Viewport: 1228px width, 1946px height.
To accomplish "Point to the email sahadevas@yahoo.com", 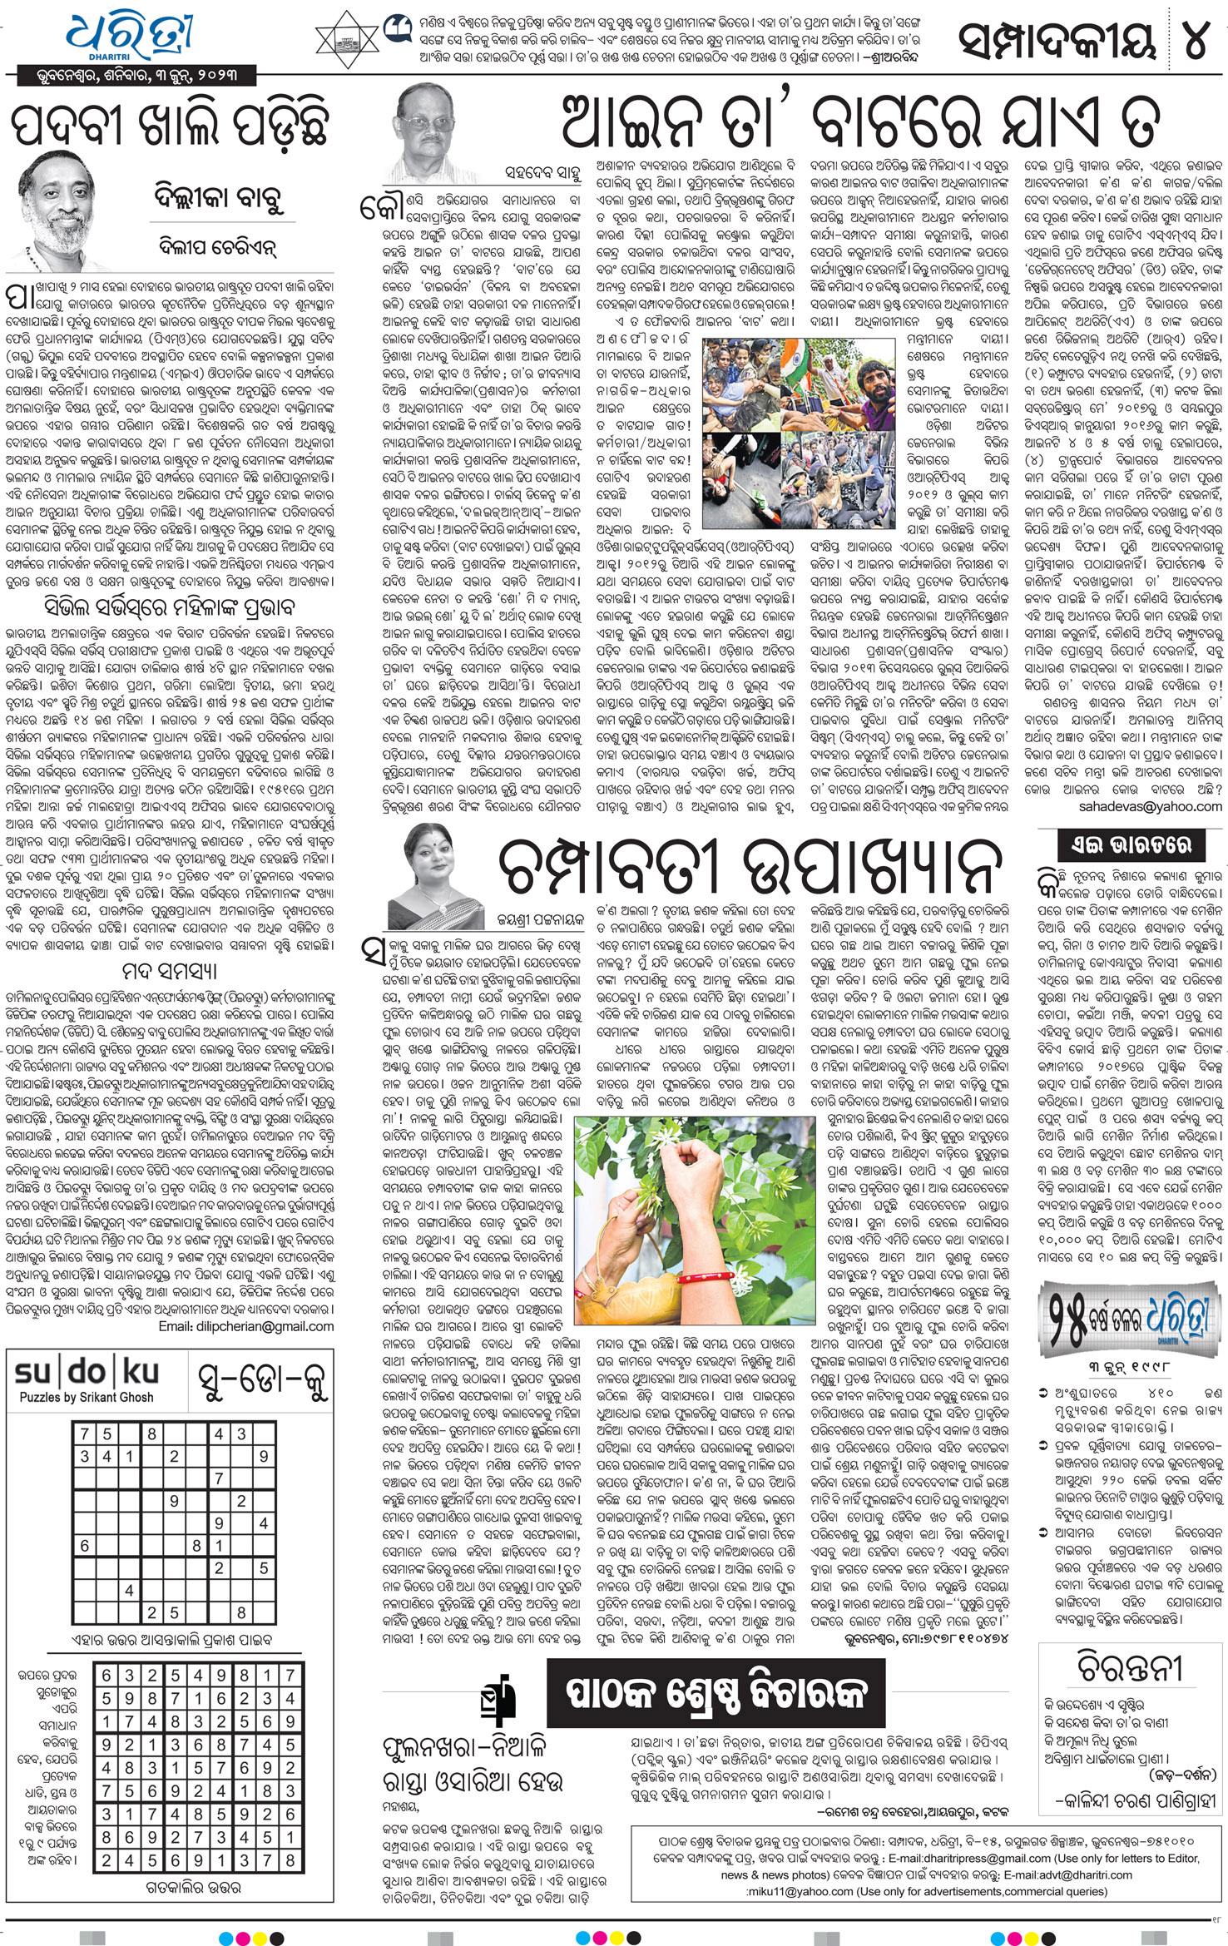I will pyautogui.click(x=1150, y=806).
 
